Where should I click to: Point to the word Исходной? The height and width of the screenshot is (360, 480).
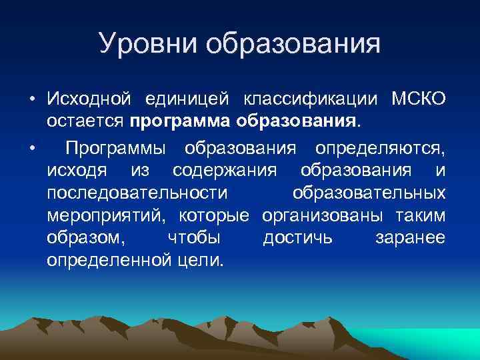pyautogui.click(x=89, y=100)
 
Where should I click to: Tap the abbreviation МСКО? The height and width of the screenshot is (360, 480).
pyautogui.click(x=418, y=100)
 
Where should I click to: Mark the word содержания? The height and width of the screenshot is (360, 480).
pyautogui.click(x=224, y=169)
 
